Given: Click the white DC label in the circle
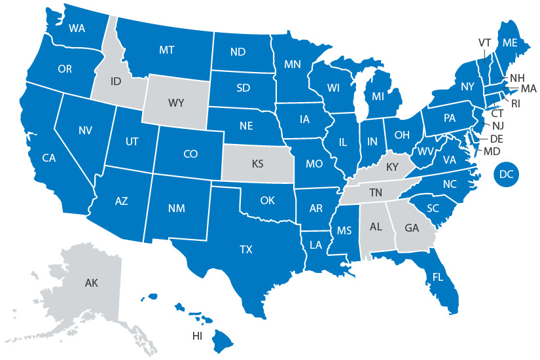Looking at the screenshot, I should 505,174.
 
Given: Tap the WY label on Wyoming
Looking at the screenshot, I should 175,103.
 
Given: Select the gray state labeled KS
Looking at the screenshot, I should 257,164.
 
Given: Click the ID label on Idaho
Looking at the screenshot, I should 116,82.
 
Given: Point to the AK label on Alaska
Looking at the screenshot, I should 92,283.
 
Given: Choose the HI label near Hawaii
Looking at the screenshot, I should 196,336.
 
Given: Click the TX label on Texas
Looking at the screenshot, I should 246,249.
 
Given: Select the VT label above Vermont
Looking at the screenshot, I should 484,43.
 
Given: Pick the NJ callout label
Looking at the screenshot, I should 498,125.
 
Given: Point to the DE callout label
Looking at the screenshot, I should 495,139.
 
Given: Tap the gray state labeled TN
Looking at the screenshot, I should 376,192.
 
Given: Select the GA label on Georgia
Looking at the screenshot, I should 412,229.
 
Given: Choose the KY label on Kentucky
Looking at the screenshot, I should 392,168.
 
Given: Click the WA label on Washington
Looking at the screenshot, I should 77,29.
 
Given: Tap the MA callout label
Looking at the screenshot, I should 529,88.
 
